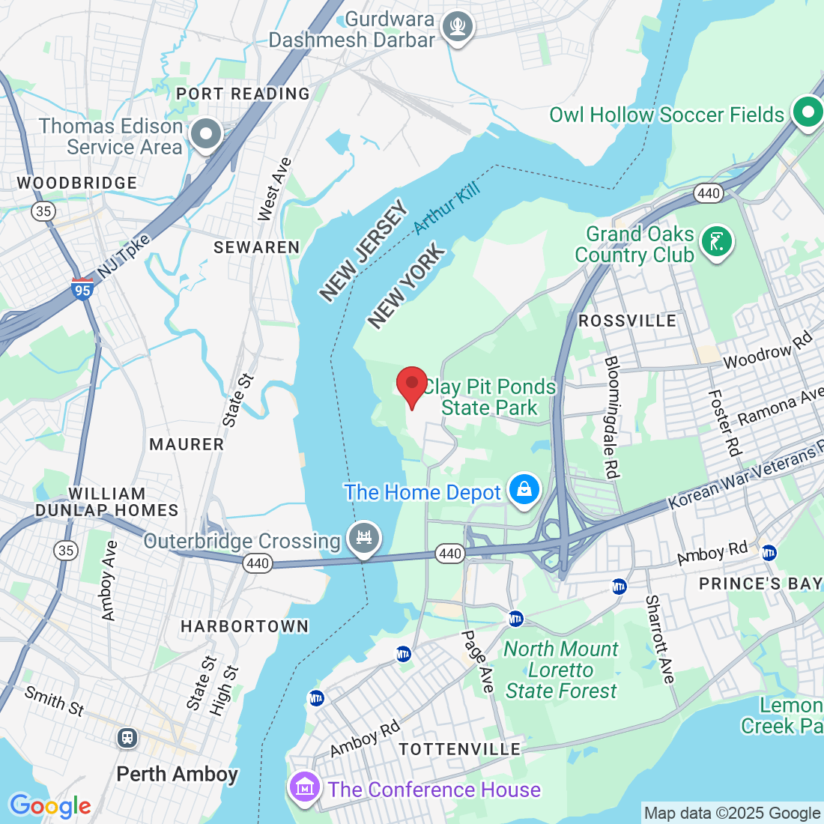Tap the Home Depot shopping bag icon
[524, 490]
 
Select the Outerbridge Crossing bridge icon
[364, 538]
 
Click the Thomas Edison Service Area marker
[206, 136]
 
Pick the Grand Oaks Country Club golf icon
[717, 242]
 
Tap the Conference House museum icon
[305, 788]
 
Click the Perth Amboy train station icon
[127, 738]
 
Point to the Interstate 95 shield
[82, 288]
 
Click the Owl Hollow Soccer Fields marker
[808, 114]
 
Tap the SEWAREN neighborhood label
[256, 247]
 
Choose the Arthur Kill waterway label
[446, 207]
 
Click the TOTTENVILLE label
[459, 749]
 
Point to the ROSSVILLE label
[627, 321]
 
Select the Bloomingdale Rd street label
[611, 417]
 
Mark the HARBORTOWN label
[244, 626]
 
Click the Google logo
[50, 806]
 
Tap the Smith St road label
[54, 700]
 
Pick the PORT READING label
[243, 94]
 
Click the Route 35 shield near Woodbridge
[43, 211]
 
